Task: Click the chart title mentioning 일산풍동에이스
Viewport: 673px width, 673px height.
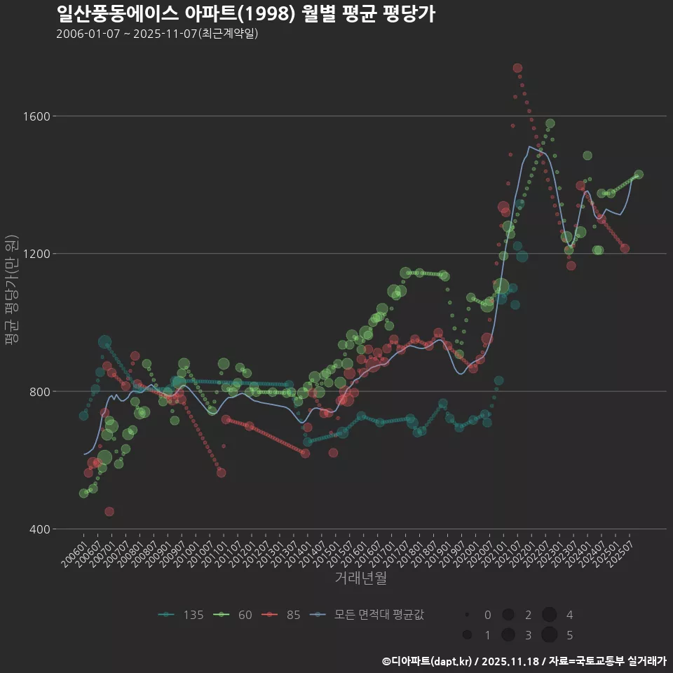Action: (x=245, y=14)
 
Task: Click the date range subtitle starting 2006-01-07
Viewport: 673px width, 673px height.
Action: (x=157, y=34)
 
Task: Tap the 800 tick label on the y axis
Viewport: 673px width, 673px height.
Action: (x=39, y=391)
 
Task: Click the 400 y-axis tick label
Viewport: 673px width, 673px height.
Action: (x=39, y=529)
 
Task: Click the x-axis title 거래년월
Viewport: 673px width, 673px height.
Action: (x=360, y=578)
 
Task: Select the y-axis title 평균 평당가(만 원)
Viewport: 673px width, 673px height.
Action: (x=11, y=291)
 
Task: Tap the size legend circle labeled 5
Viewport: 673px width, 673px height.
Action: (x=549, y=634)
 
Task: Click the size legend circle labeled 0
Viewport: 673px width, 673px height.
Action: (x=467, y=615)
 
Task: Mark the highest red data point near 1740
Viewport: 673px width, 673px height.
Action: (x=517, y=68)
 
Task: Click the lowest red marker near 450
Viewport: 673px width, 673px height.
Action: (x=109, y=512)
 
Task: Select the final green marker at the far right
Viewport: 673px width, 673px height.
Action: (x=639, y=175)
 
